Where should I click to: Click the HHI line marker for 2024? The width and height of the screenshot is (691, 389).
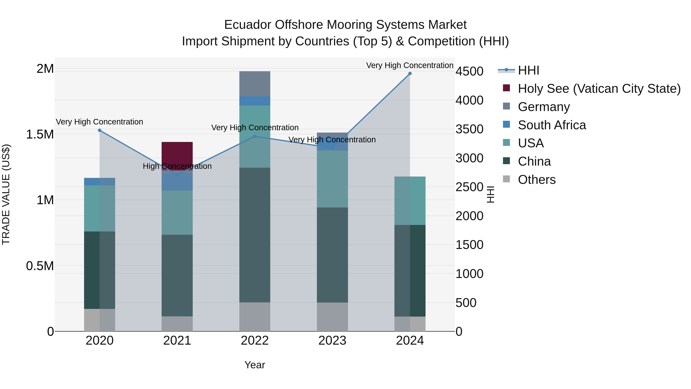410,74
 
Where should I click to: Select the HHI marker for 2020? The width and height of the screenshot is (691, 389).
99,130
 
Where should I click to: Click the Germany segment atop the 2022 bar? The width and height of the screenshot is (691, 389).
255,84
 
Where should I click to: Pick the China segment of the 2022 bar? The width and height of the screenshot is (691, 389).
255,235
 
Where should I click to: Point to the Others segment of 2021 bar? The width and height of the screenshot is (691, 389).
177,323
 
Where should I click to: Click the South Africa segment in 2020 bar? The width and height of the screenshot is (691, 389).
99,182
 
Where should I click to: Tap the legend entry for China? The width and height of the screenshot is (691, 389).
534,161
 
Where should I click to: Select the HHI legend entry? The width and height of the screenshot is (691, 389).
528,70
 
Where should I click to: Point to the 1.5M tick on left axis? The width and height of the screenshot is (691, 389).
40,134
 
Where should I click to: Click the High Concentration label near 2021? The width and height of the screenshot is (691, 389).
177,166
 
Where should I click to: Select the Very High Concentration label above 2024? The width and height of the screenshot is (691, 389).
410,65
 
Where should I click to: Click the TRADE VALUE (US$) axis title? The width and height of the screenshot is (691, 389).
6,194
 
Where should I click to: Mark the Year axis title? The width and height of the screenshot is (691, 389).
255,365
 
